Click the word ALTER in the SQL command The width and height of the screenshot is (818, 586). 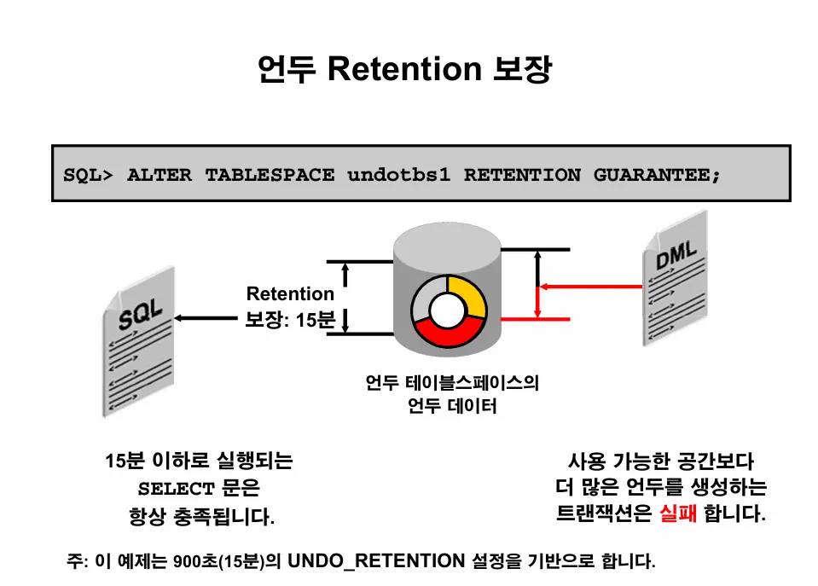click(x=160, y=176)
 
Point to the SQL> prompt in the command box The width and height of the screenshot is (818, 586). click(x=88, y=176)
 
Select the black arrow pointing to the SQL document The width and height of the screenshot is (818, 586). click(x=205, y=318)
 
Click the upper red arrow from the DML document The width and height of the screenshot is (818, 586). click(x=589, y=286)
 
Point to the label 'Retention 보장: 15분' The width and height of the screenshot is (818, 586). click(x=290, y=307)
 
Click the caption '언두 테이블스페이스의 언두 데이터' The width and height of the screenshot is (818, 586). click(x=452, y=395)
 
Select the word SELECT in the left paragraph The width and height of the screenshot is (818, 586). click(x=176, y=490)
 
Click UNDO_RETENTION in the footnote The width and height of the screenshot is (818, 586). click(x=376, y=561)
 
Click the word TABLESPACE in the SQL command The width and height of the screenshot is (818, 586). click(x=270, y=176)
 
